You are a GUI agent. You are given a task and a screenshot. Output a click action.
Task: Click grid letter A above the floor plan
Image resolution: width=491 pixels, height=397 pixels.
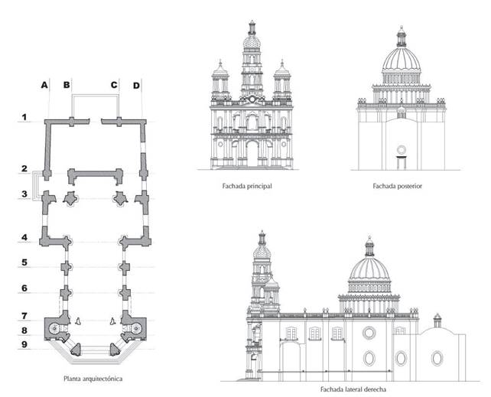(x=45, y=84)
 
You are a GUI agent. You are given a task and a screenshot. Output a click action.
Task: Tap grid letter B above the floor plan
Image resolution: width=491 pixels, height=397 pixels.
(x=67, y=84)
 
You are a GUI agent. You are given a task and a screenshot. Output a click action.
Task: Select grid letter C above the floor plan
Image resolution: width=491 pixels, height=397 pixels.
(x=114, y=84)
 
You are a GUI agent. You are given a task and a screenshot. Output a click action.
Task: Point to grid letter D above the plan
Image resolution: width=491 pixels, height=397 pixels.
(x=136, y=84)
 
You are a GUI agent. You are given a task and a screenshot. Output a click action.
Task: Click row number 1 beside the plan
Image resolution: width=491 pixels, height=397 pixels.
(x=24, y=118)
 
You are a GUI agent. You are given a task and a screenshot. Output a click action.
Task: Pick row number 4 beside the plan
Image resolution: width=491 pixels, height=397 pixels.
(x=24, y=238)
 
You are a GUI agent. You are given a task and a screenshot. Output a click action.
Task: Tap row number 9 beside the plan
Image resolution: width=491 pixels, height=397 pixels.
(x=24, y=346)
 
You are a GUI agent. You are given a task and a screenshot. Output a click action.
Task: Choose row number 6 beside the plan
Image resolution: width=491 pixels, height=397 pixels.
(x=24, y=288)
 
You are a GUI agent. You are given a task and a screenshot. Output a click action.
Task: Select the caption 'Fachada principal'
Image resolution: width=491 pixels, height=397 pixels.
(x=251, y=185)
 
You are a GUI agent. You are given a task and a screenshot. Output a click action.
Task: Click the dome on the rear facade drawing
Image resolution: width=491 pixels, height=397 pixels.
(x=401, y=61)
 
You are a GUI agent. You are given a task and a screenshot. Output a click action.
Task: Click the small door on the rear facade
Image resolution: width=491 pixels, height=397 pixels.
(x=400, y=160)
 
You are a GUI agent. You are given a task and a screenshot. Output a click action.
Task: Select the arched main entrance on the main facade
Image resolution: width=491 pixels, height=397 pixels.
(x=252, y=154)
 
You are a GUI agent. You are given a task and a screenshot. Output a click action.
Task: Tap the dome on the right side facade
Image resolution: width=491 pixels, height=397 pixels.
(x=369, y=272)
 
